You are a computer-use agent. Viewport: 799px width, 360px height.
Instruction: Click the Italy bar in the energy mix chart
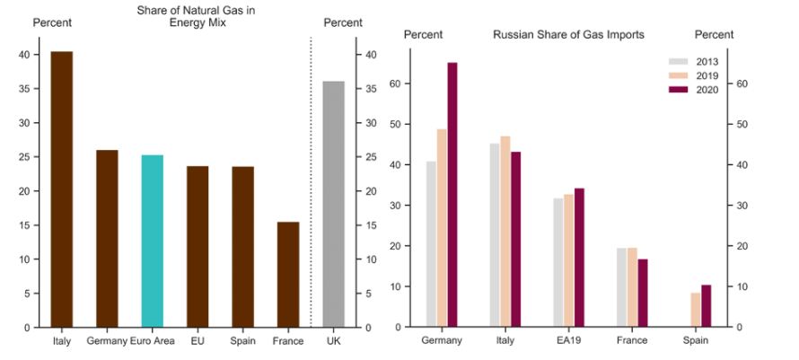point(61,189)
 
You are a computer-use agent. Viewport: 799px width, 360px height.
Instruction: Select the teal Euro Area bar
point(153,241)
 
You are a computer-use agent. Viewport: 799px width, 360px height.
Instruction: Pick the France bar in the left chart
point(288,275)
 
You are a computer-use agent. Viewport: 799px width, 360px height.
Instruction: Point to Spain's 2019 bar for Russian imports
point(695,310)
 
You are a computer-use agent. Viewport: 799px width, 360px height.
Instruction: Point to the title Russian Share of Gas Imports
point(568,35)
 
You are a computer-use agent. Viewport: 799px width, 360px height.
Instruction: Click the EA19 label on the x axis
point(568,341)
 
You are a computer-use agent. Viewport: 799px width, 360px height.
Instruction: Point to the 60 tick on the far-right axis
point(742,84)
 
